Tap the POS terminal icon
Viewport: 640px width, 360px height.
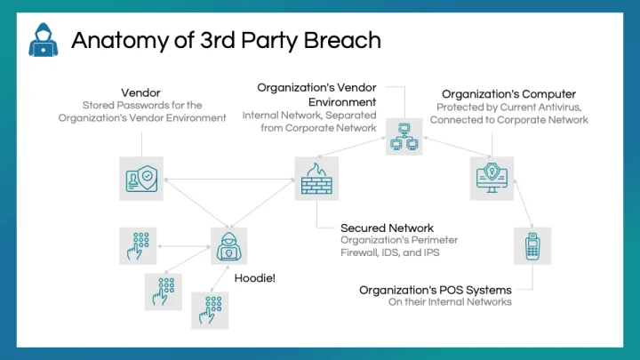tap(532, 245)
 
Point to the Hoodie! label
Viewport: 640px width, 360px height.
tap(254, 278)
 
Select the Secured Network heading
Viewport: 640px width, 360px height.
tap(388, 228)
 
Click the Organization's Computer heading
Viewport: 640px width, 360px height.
tap(508, 93)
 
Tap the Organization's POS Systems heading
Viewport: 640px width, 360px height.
tap(436, 290)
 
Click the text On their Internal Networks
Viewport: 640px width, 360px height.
tap(450, 302)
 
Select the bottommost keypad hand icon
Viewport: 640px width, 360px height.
tap(210, 310)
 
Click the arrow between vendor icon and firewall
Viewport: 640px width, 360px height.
tap(228, 178)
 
